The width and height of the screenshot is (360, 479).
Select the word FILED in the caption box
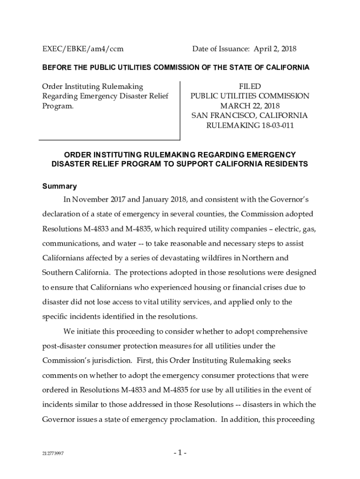(250, 87)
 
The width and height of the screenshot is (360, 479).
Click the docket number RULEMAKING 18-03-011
(250, 125)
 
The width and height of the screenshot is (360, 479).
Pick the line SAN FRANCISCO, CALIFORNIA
(250, 116)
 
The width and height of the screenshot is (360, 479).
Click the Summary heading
(59, 186)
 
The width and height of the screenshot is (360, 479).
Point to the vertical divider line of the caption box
(180, 110)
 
